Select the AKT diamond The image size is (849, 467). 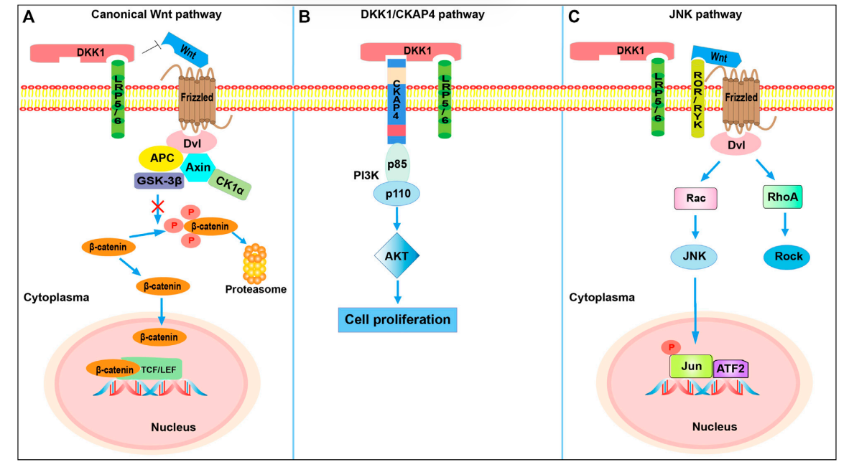tap(396, 256)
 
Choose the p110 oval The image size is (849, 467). tap(396, 193)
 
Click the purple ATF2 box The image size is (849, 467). tap(733, 369)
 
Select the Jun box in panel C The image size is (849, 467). tap(690, 366)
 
